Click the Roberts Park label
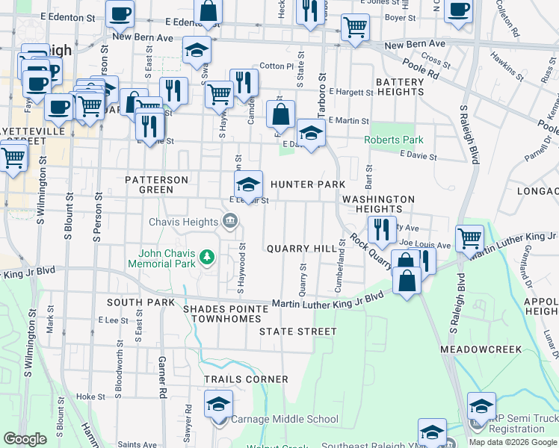pos(394,140)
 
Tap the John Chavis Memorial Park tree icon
pos(208,258)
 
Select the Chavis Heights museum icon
pos(230,220)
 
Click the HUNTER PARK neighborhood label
pos(308,184)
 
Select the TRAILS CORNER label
pos(247,379)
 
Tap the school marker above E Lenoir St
pos(248,184)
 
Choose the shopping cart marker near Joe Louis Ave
pos(469,239)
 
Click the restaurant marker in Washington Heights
pos(382,229)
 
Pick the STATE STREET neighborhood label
pos(298,331)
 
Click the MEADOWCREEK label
pos(480,349)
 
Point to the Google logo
pos(25,439)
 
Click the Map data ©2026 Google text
pos(513,442)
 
